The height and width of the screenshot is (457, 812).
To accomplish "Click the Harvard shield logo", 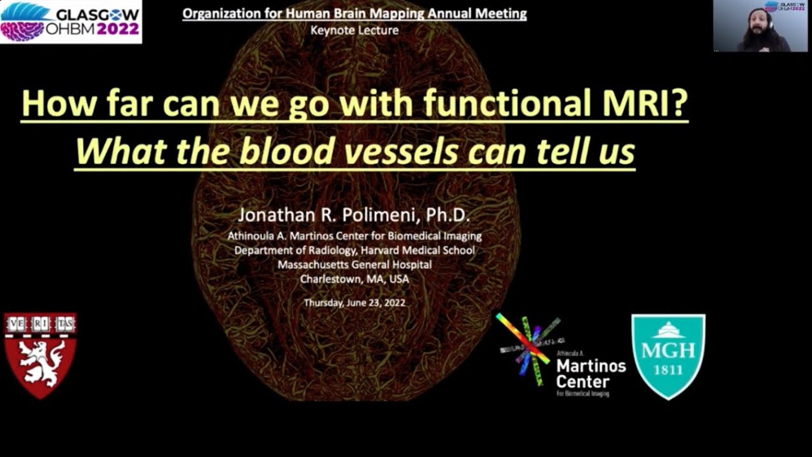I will [x=40, y=355].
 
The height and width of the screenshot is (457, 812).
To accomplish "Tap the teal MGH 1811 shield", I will [x=668, y=356].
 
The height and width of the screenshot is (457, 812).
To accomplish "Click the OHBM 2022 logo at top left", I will [x=70, y=22].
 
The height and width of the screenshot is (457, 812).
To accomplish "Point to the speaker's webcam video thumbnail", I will [x=762, y=26].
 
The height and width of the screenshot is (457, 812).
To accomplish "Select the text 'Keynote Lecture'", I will [x=355, y=30].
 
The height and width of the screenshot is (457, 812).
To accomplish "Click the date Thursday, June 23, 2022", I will [x=355, y=303].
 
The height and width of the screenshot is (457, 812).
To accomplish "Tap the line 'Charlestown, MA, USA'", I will [x=355, y=279].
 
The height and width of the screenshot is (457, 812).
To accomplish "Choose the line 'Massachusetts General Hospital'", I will [x=355, y=265].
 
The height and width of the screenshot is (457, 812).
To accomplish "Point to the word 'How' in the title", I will [x=53, y=103].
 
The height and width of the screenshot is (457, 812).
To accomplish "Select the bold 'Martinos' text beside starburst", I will [x=591, y=366].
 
